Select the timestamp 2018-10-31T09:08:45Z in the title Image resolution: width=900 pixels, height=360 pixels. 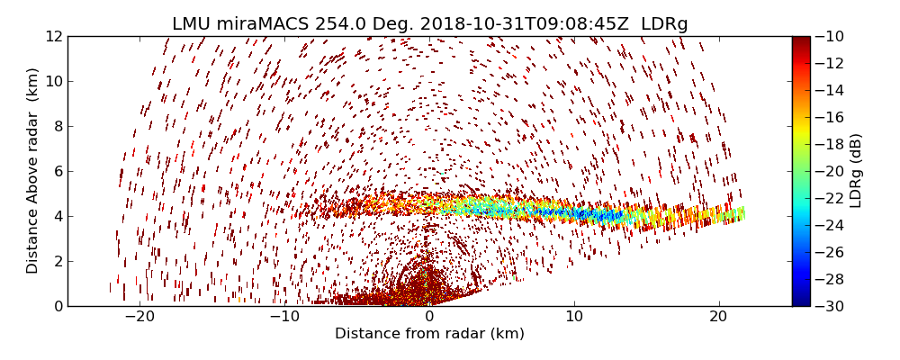512,24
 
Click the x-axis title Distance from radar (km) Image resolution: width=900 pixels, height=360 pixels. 429,334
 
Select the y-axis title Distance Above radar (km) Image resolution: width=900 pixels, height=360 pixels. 33,171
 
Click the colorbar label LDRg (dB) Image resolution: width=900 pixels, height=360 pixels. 856,171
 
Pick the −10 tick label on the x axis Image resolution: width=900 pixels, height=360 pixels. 284,318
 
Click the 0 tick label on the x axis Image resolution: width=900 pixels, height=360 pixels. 429,318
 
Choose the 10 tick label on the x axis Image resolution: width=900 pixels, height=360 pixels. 574,318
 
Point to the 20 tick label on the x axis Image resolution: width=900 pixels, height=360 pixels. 718,318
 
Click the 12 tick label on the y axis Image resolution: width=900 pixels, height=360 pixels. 54,36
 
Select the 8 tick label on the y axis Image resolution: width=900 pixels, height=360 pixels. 58,126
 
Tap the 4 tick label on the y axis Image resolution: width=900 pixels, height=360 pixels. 58,216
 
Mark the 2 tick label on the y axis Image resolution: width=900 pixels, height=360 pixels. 58,261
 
